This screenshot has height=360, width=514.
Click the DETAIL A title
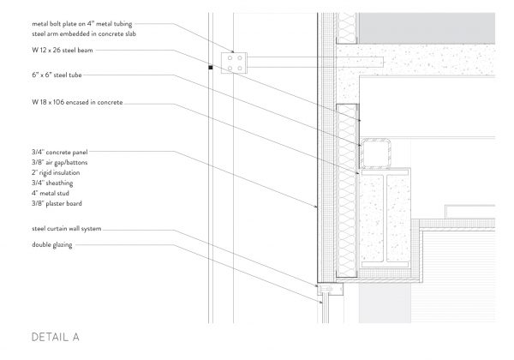coord(56,337)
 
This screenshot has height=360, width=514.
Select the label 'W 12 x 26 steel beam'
coord(63,51)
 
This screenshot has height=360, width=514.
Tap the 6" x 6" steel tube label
coord(57,75)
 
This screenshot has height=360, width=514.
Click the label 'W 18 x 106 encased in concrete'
coord(77,102)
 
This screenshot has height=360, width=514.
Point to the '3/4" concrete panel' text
coord(60,152)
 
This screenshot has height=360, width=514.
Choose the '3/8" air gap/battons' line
coord(60,162)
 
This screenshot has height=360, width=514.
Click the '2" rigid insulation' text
coord(56,172)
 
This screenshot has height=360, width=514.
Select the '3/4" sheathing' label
coord(52,183)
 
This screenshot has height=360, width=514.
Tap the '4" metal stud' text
coord(51,193)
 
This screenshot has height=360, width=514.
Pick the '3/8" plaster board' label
coord(57,203)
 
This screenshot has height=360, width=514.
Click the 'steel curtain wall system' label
coord(67,229)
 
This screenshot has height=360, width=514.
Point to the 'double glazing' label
coord(52,244)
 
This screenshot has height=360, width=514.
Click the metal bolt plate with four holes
coord(234,63)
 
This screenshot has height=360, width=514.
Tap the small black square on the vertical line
coord(211,68)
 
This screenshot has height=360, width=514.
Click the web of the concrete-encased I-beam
coord(385,219)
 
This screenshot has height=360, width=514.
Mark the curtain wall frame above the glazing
coord(330,289)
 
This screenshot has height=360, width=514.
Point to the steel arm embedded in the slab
coord(315,62)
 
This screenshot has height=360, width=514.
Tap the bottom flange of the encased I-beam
coord(385,264)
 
